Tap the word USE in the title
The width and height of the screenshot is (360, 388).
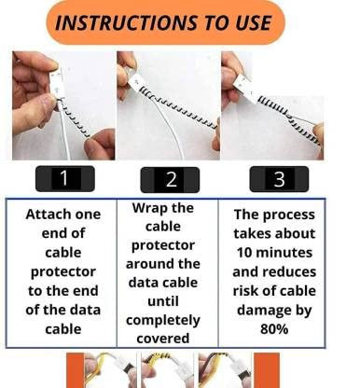coord(253,22)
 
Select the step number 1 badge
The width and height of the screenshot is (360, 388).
coord(64,179)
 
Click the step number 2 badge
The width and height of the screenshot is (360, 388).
coord(170,180)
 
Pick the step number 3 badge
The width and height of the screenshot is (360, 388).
coord(279,179)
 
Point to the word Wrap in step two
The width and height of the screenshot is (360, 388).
coord(147,208)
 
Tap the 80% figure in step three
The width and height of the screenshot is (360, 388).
coord(274,329)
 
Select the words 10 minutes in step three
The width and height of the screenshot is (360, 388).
coord(274,253)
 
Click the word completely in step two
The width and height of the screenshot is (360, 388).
coord(163,320)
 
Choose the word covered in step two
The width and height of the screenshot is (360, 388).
coord(163,339)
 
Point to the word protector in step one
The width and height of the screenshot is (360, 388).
coord(63,272)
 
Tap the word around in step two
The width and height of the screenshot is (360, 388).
coord(147,264)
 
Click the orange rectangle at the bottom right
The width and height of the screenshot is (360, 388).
coord(267,370)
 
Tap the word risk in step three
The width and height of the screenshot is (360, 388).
coord(245,291)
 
